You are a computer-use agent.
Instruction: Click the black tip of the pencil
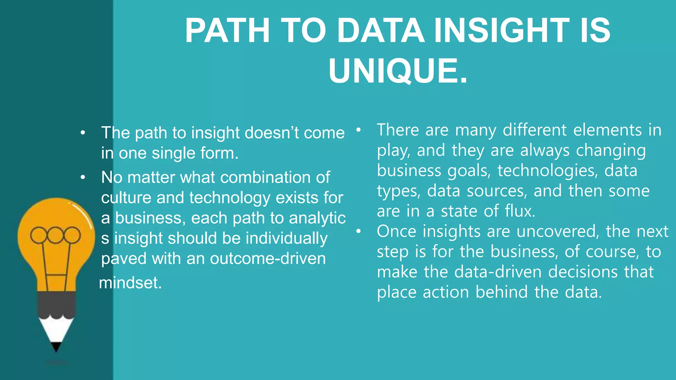coord(56,347)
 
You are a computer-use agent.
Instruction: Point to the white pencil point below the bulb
coord(56,330)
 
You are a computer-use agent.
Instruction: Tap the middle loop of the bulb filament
coord(55,235)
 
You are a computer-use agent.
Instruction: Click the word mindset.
coord(130,283)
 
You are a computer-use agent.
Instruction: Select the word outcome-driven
coord(268,258)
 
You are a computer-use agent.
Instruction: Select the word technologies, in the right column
coord(548,171)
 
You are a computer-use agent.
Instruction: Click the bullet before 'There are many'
coord(359,130)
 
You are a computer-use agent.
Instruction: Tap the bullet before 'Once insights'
coord(359,232)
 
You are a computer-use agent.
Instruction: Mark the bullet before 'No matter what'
coord(83,178)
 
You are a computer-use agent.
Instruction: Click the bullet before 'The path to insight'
coord(83,133)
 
